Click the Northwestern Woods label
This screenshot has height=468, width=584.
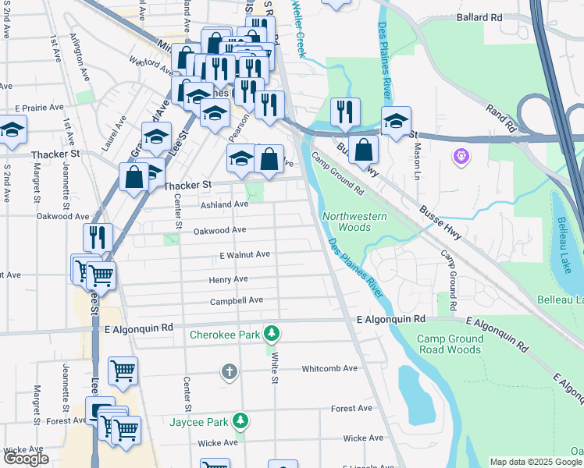coord(346,222)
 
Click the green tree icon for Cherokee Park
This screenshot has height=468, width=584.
coord(271,334)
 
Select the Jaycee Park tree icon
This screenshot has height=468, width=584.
coord(241,421)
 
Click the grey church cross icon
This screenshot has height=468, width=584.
coord(229,371)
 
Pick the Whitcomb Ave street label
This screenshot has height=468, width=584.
coord(329,368)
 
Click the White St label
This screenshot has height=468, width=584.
coord(275,367)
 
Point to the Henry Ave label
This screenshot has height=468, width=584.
coord(228,279)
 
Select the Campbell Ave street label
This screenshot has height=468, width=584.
coord(236,301)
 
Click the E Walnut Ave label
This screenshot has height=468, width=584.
coord(244,254)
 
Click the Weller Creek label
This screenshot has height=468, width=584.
coord(298,28)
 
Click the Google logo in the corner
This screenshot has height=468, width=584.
coord(26,459)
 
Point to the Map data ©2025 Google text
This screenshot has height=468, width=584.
coord(535,462)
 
